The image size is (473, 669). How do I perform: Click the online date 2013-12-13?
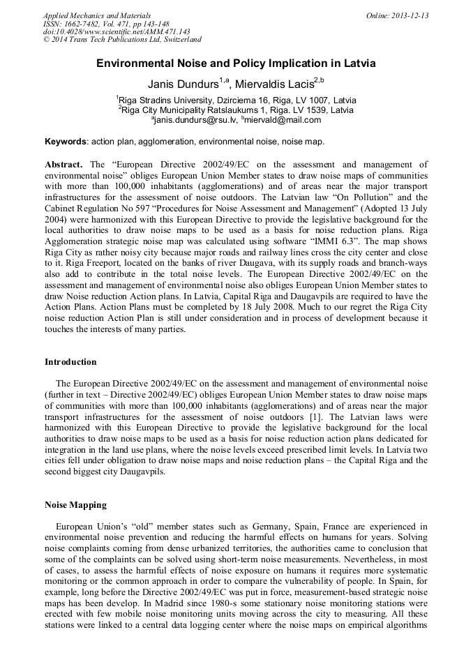click(409, 15)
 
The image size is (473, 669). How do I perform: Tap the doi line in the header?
click(117, 32)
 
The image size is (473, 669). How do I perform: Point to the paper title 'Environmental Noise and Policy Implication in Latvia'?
click(236, 63)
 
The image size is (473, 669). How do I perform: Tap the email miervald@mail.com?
click(284, 120)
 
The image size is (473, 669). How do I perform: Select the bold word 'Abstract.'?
click(64, 165)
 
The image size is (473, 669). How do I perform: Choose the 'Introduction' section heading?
click(70, 362)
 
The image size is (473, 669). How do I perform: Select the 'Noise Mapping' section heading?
click(75, 504)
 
